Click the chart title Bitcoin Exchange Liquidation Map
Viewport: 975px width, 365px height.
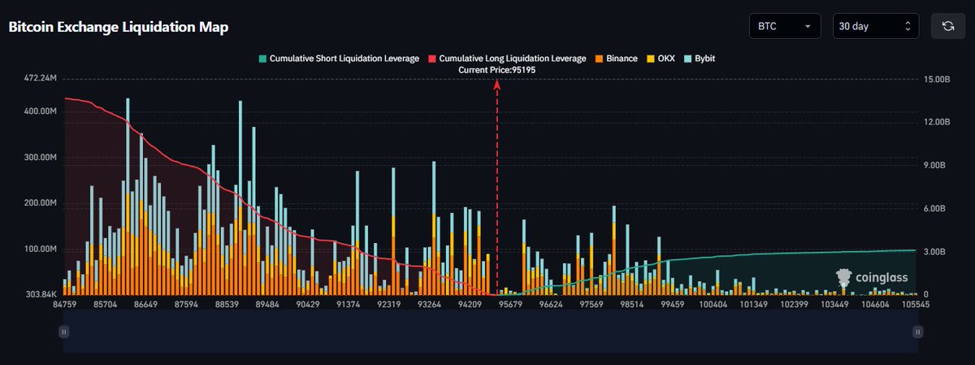pyautogui.click(x=119, y=27)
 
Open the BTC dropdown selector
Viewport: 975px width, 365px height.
pyautogui.click(x=784, y=26)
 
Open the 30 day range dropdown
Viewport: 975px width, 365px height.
pyautogui.click(x=875, y=26)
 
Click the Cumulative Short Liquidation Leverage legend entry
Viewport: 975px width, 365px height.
pyautogui.click(x=340, y=59)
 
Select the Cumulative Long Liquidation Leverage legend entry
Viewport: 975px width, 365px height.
pyautogui.click(x=508, y=59)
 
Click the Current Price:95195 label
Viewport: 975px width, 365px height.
pyautogui.click(x=498, y=70)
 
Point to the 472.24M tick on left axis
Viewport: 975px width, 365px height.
pyautogui.click(x=41, y=79)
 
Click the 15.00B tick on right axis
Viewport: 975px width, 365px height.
pyautogui.click(x=934, y=80)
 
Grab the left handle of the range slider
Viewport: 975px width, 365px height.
pyautogui.click(x=63, y=331)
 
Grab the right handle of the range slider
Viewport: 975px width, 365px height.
pyautogui.click(x=917, y=331)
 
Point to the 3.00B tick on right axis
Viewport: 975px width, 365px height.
pyautogui.click(x=932, y=251)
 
